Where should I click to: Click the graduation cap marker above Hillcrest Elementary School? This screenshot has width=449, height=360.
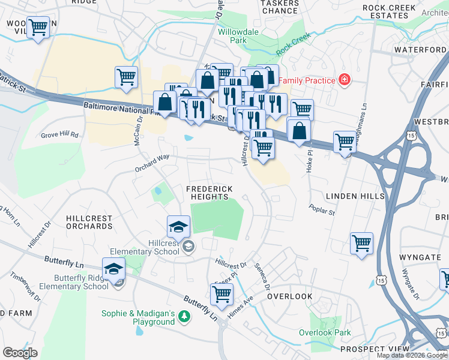click(x=178, y=227)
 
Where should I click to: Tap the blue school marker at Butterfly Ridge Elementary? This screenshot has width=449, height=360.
click(x=113, y=269)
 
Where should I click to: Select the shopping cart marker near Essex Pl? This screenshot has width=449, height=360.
click(x=221, y=295)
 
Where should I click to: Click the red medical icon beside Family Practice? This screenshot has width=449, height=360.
click(x=345, y=79)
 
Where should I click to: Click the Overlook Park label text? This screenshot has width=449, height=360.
click(x=325, y=332)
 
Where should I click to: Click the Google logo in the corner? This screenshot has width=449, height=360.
click(x=20, y=353)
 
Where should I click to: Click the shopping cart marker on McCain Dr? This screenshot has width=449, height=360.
click(x=127, y=77)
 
